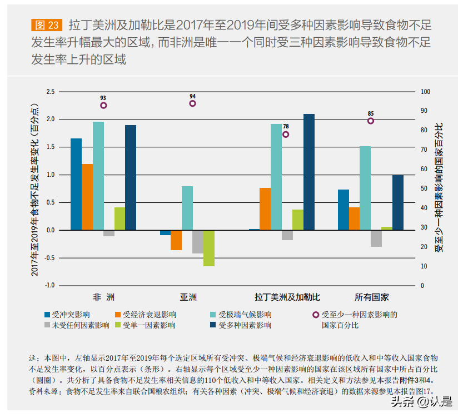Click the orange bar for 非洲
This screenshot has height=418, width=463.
[x=87, y=197]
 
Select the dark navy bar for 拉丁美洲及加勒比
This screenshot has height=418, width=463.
[x=309, y=172]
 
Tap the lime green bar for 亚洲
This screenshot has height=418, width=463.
[x=208, y=248]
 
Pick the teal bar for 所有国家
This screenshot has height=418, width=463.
[x=365, y=188]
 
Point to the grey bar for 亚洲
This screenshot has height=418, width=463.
[x=197, y=242]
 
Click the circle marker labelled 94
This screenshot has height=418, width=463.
[x=193, y=103]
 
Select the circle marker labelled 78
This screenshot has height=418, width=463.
[x=286, y=135]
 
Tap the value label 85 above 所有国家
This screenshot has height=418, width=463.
[x=371, y=113]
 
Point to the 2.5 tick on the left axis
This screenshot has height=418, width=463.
[x=51, y=92]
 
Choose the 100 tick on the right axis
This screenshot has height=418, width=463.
[x=426, y=92]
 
